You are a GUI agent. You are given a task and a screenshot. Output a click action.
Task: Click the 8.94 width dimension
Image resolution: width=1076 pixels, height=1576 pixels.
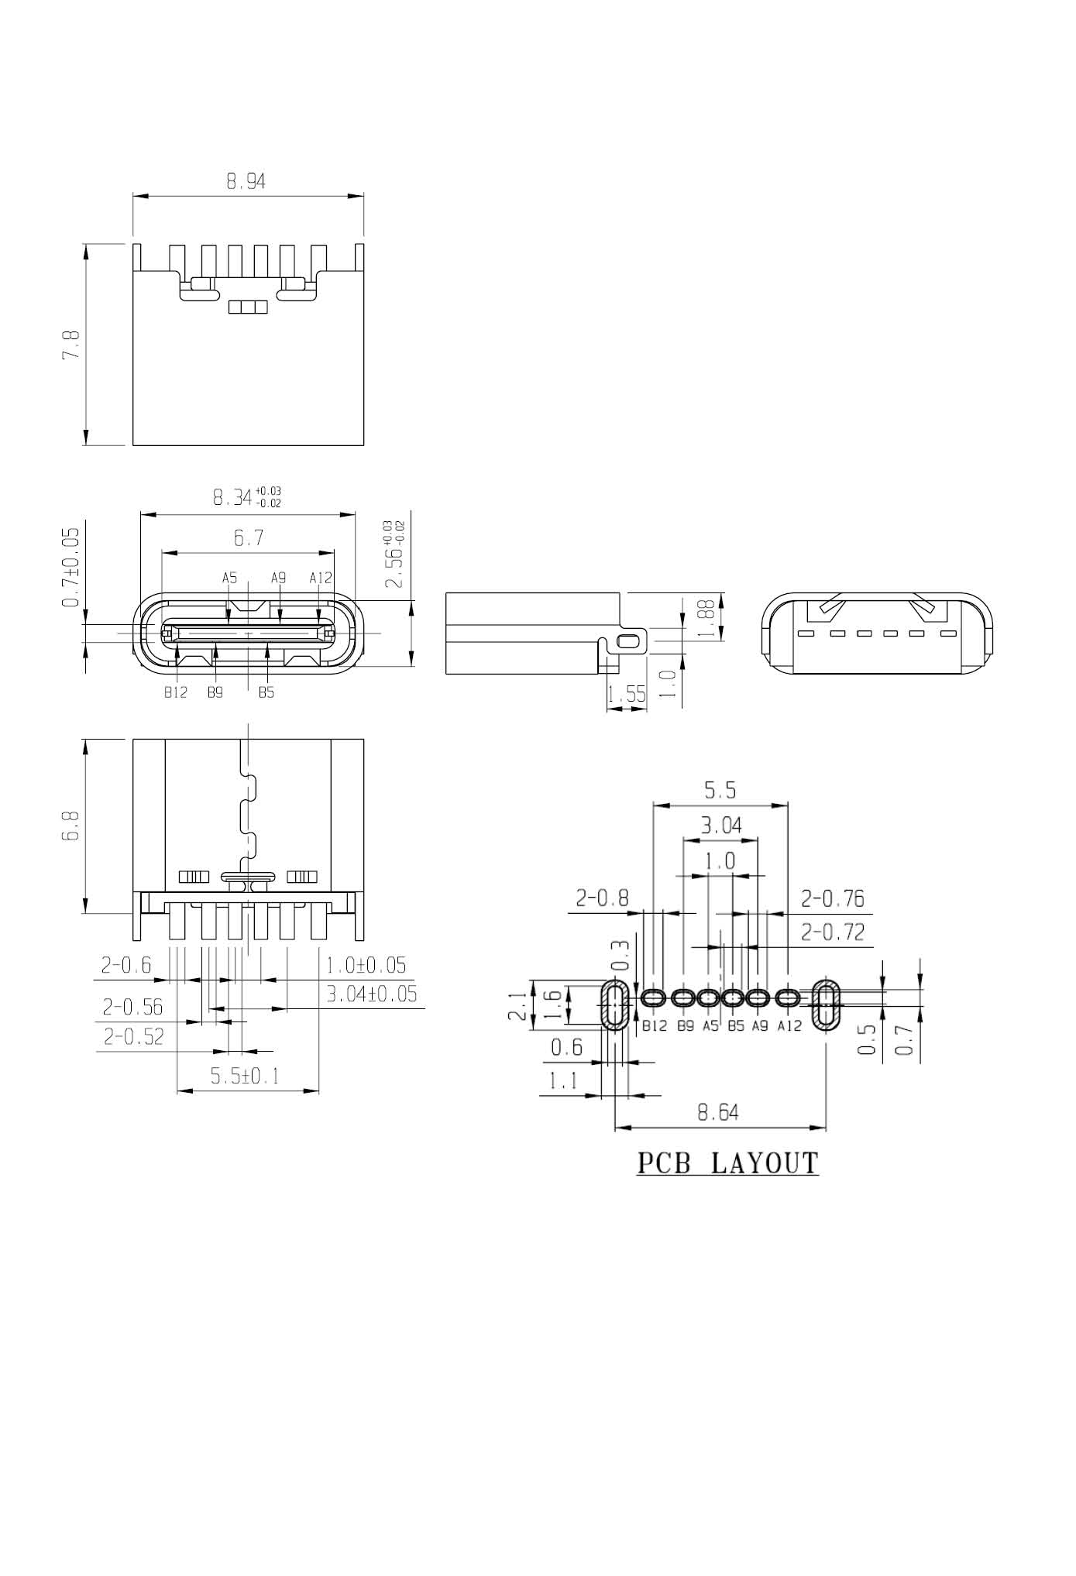point(246,181)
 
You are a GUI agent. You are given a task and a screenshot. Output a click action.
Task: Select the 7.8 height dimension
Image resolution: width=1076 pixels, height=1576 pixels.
point(70,344)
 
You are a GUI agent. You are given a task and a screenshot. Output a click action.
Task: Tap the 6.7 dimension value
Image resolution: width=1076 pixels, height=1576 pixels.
point(248,537)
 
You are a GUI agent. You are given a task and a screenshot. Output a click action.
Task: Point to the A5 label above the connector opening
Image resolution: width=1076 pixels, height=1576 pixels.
point(229,578)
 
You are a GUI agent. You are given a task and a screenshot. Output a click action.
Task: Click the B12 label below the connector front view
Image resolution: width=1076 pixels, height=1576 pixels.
point(176,692)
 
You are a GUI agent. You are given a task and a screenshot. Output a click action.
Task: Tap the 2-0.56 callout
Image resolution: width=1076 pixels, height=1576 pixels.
point(132,1006)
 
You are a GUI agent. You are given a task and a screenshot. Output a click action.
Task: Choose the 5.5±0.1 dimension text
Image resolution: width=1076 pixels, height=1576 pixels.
point(244,1076)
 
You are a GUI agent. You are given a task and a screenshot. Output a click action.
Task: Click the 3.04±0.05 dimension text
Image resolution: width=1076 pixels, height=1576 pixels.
point(371,994)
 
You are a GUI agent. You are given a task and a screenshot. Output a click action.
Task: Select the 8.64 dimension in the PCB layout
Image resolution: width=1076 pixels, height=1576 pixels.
point(718,1113)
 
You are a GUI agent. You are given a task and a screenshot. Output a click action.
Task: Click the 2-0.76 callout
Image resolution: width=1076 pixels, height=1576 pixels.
point(833,898)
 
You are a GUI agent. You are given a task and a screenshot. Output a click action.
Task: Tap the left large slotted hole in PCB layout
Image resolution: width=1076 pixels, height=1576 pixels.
point(616,1005)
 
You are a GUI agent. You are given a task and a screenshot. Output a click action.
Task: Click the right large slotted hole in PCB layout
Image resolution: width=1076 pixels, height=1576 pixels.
point(827,1005)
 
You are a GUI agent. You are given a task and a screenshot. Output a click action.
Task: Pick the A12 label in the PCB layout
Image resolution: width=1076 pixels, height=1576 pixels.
point(789,1026)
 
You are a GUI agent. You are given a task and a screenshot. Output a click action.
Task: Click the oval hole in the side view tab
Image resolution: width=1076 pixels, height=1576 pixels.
point(631,640)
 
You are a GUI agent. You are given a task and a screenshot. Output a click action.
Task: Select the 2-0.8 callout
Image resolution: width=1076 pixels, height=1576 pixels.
point(602,898)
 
